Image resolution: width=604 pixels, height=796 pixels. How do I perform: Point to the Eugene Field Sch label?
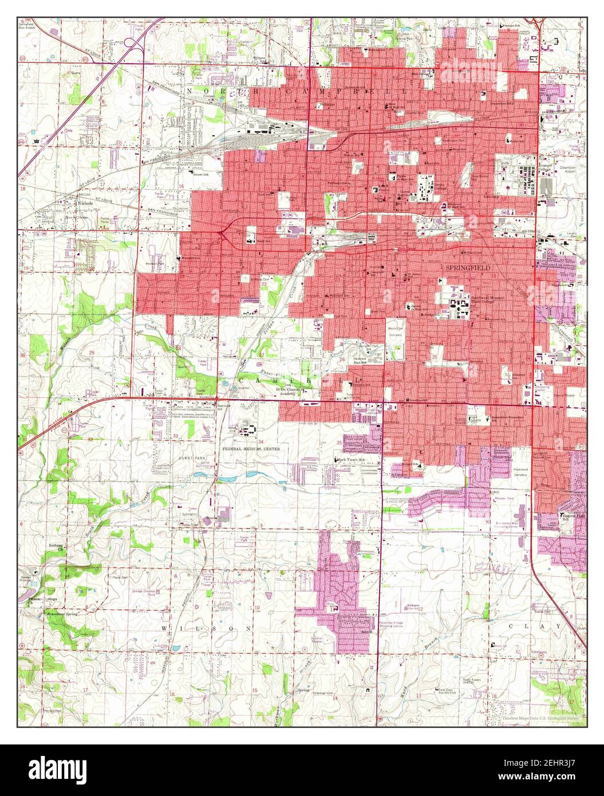(x=573, y=518)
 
